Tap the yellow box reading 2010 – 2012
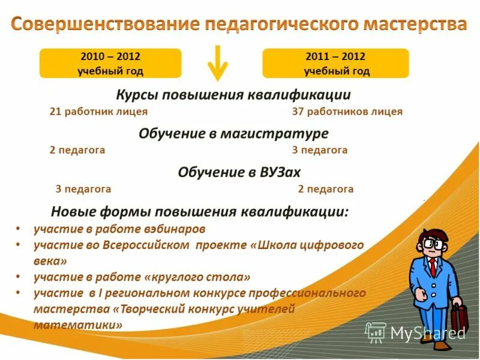pos(110,64)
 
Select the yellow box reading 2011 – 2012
pos(336,64)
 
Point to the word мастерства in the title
pos(413,25)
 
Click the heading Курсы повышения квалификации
pos(233,95)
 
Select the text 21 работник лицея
pos(98,112)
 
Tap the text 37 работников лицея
pos(347,112)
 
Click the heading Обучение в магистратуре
pos(233,133)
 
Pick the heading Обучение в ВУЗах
pos(239,172)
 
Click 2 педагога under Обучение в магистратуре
pos(77,151)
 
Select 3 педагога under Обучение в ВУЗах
pos(83,189)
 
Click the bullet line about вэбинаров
pos(119,229)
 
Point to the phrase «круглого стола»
pos(197,277)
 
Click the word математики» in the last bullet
pos(78,325)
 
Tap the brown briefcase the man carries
pos(459,318)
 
